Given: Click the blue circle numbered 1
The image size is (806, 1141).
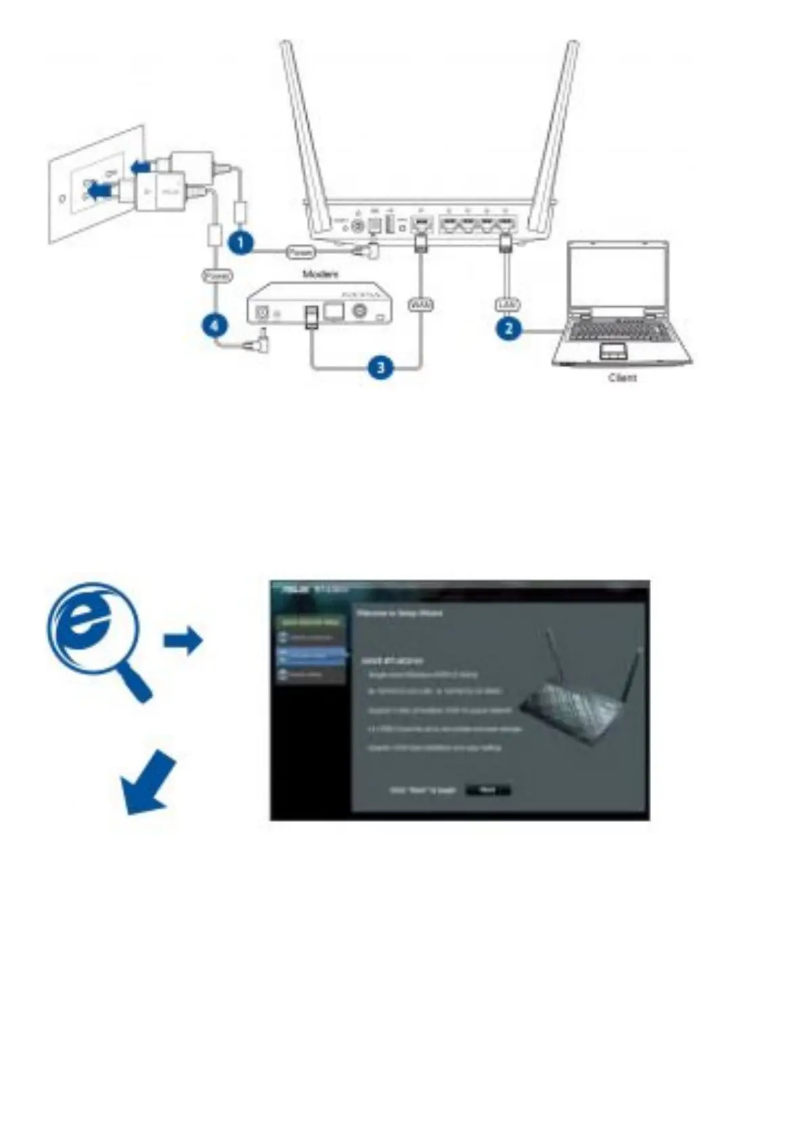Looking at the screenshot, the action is pyautogui.click(x=240, y=243).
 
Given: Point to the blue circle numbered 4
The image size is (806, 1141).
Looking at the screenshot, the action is pyautogui.click(x=214, y=326).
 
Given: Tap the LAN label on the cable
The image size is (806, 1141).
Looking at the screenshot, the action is pyautogui.click(x=507, y=305).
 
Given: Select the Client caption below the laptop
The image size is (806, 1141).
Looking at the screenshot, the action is pyautogui.click(x=622, y=377).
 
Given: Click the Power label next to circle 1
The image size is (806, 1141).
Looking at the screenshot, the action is pyautogui.click(x=300, y=251).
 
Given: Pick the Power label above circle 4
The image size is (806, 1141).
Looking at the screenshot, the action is pyautogui.click(x=217, y=276).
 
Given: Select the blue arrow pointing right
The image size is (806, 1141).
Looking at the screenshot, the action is pyautogui.click(x=183, y=640).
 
